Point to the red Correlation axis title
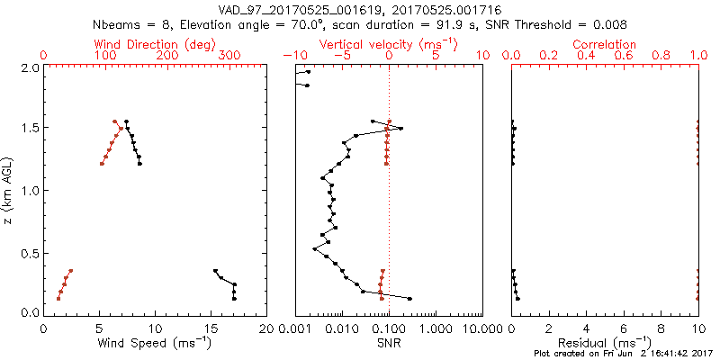coord(605,44)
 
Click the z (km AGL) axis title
coord(8,190)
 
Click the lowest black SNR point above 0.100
coord(410,298)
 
